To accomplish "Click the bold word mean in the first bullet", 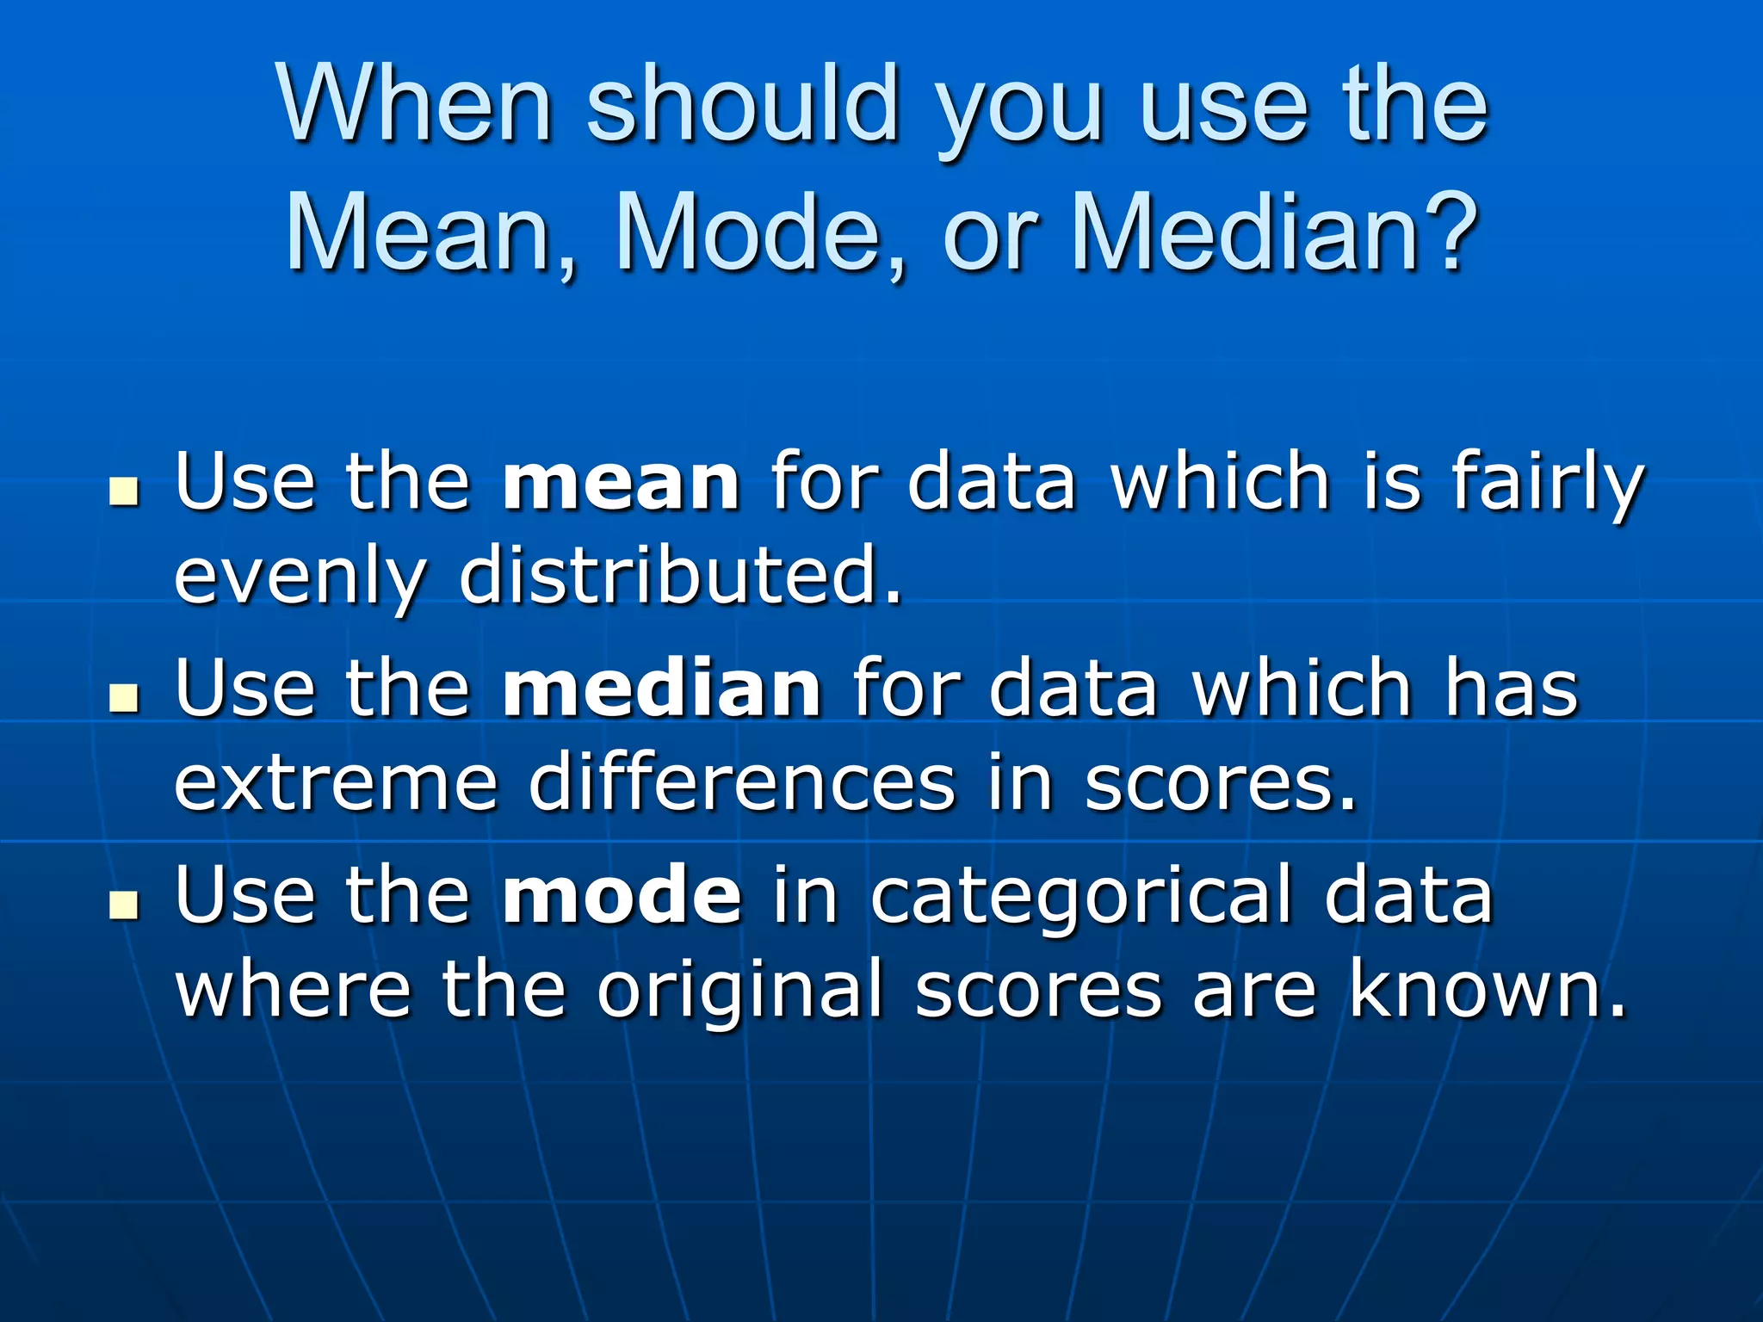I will point(620,482).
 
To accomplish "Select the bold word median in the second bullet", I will point(661,689).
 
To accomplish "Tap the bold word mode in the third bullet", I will point(621,895).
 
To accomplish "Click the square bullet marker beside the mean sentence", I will point(125,492).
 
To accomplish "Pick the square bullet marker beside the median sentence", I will point(125,699).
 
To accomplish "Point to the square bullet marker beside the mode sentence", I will point(125,905).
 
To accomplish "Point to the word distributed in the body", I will point(680,575).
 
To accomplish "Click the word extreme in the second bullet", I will point(336,783).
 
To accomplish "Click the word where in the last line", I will point(293,990).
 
